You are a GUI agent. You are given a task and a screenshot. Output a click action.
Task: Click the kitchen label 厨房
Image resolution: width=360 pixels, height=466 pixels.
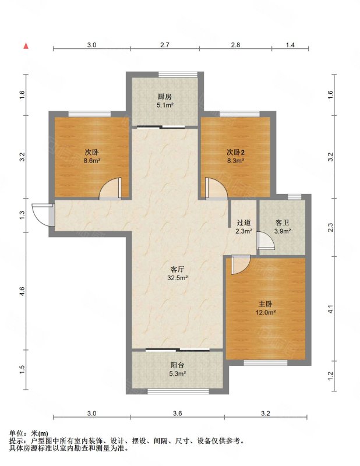tap(165, 97)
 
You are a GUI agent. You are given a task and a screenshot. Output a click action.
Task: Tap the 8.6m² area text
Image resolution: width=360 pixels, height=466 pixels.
tap(91, 161)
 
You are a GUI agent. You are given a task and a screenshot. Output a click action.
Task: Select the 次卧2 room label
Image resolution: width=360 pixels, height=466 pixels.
tap(236, 153)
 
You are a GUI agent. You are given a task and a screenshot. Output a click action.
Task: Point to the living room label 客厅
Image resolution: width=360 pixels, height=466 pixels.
tap(177, 270)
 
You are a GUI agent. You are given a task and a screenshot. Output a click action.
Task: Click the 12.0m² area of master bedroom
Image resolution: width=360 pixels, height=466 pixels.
tap(266, 312)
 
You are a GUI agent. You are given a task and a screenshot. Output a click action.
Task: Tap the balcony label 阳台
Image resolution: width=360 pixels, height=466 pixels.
tap(177, 365)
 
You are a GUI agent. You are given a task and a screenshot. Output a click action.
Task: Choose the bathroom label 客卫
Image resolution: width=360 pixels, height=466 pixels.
tap(282, 223)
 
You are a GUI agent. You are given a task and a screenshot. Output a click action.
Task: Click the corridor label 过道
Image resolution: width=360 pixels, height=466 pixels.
tap(243, 223)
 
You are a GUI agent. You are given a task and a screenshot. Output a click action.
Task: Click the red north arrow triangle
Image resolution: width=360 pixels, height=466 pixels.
tap(26, 45)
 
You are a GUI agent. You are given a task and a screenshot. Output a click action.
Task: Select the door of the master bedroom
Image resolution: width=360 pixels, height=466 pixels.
tap(241, 265)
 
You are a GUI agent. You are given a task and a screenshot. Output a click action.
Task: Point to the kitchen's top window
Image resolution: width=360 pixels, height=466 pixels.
tap(178, 75)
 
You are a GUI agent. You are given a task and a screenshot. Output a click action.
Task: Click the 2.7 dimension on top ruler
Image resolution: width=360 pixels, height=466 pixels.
tap(165, 45)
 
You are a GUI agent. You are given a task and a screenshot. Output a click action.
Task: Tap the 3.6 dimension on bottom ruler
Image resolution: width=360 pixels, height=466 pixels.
tap(177, 413)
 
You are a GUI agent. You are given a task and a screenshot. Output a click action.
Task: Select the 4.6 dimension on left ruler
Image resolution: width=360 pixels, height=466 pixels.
tap(23, 291)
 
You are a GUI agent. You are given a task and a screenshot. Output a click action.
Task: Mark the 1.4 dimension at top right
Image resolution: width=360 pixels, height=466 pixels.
tap(290, 45)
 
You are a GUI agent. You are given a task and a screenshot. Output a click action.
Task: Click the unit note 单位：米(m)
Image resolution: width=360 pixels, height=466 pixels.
tap(29, 433)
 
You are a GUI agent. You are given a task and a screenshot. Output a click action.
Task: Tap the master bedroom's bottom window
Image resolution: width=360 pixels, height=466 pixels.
tap(266, 363)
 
